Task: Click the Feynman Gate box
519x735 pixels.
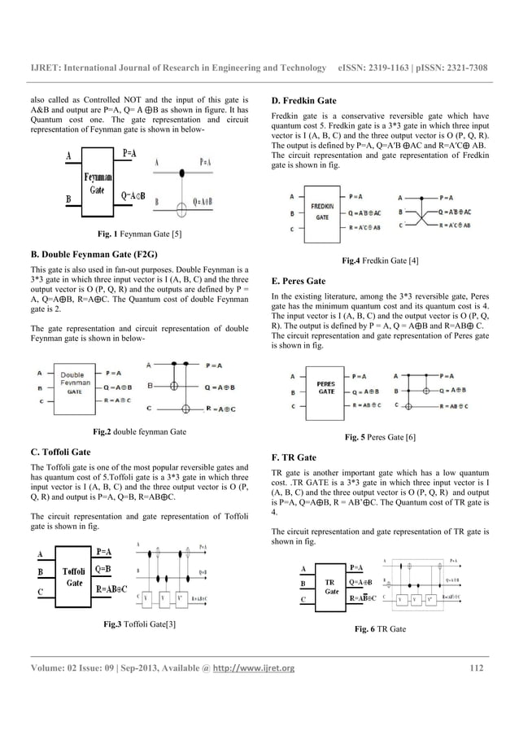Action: coord(96,179)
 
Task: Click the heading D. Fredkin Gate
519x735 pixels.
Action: coord(303,101)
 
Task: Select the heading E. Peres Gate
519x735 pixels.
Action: coord(299,281)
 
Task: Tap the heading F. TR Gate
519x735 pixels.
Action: coord(294,457)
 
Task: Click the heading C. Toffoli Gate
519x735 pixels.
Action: coord(59,448)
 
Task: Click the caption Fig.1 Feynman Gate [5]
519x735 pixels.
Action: coord(139,234)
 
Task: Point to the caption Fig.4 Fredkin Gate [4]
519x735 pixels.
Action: coord(380,260)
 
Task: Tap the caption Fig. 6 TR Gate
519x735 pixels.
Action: coord(382,629)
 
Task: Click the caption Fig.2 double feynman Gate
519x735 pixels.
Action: coord(140,430)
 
